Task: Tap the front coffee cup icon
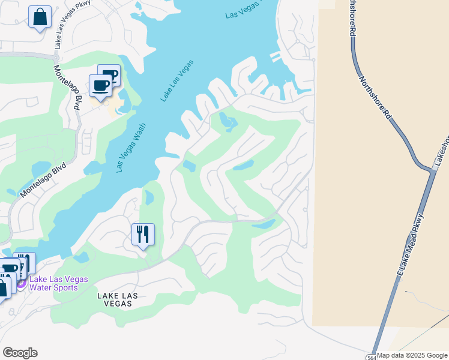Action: click(100, 85)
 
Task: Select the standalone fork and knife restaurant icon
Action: click(143, 234)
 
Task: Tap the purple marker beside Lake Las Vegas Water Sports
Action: click(21, 283)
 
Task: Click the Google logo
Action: click(20, 353)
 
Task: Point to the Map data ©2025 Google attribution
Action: click(412, 356)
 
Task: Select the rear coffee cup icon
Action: click(110, 75)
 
